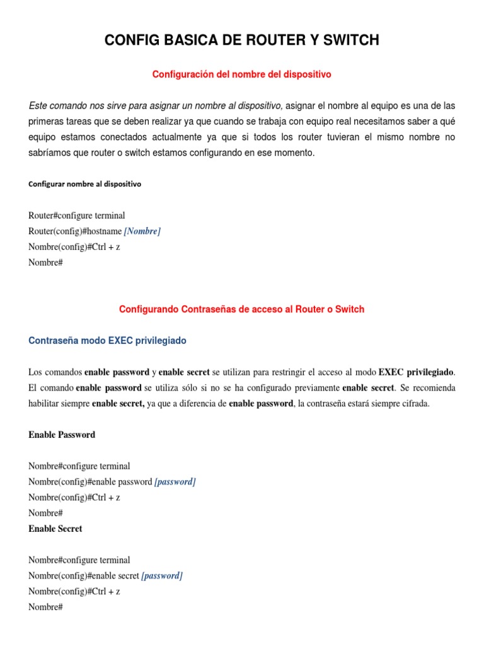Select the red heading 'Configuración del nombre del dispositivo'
click(x=242, y=74)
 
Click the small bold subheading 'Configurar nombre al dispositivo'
click(x=85, y=184)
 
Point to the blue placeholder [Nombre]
click(x=142, y=231)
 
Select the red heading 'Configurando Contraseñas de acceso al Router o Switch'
click(x=242, y=310)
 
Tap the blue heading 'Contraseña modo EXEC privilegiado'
click(x=108, y=341)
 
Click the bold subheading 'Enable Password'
click(x=62, y=435)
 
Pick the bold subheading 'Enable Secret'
click(x=55, y=529)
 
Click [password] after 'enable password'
click(x=175, y=482)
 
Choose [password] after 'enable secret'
click(x=162, y=575)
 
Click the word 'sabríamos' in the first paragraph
click(x=49, y=153)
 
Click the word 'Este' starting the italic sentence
click(x=38, y=105)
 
